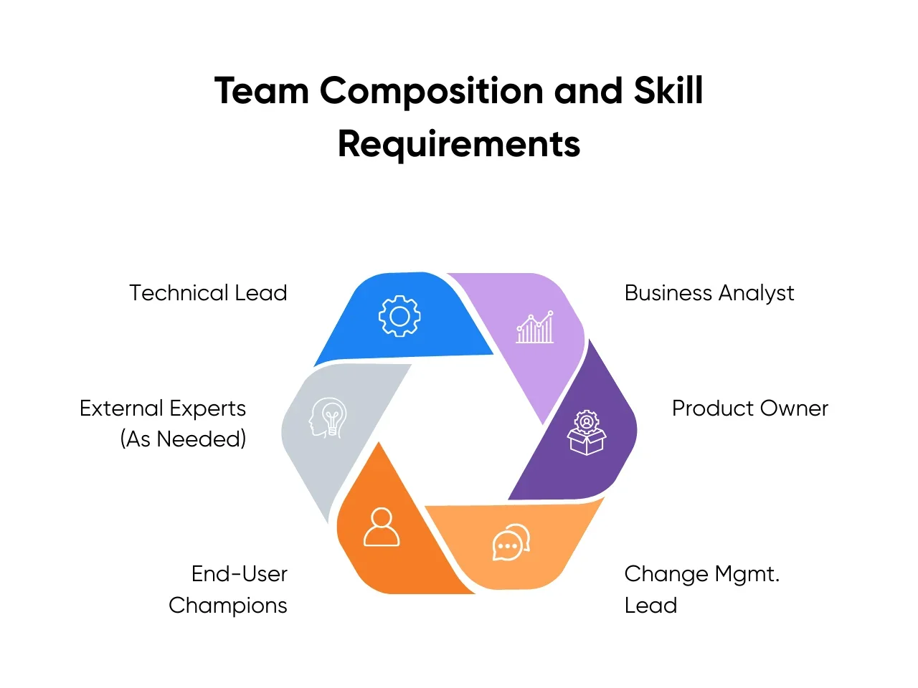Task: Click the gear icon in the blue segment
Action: tap(399, 316)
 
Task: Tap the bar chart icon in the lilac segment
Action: tap(535, 328)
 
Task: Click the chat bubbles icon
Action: tap(511, 542)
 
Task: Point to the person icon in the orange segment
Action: tap(382, 527)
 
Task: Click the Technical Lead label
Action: tap(208, 293)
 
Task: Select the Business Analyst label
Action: tap(709, 293)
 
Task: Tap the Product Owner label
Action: tap(749, 408)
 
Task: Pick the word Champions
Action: tap(228, 606)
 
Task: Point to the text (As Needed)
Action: tap(183, 439)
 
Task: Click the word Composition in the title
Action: tap(431, 91)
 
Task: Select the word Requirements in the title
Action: tap(459, 143)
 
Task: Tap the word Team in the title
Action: tap(261, 91)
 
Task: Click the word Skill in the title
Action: tap(668, 91)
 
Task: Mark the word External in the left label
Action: tap(121, 408)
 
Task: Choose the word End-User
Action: tap(240, 574)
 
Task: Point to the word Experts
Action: tap(208, 408)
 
